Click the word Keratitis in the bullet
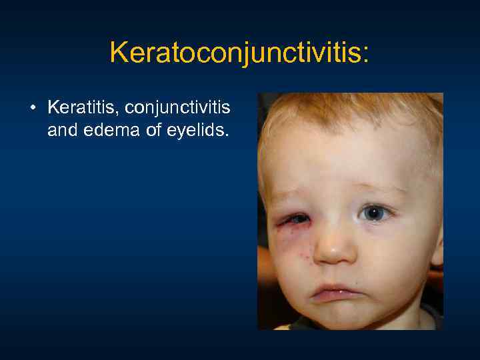tap(74, 107)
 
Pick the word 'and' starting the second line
tap(61, 131)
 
